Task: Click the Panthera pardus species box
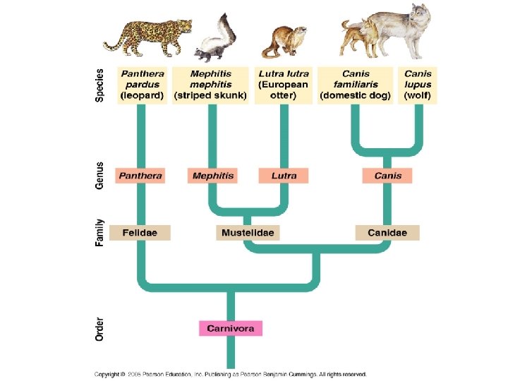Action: click(x=143, y=85)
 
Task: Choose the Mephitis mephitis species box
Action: click(x=211, y=85)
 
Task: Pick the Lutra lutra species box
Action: click(x=283, y=85)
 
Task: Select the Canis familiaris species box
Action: click(x=356, y=85)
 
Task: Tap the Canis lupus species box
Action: click(x=418, y=85)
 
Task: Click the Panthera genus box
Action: click(x=140, y=176)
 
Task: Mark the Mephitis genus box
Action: click(x=212, y=176)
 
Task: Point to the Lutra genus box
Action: click(x=284, y=176)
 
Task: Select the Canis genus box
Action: click(x=387, y=176)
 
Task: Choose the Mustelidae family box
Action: click(x=248, y=232)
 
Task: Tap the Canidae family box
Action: click(x=387, y=232)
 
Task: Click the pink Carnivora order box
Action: click(x=231, y=328)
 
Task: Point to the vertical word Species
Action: click(x=99, y=85)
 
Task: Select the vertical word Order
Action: click(x=99, y=329)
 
